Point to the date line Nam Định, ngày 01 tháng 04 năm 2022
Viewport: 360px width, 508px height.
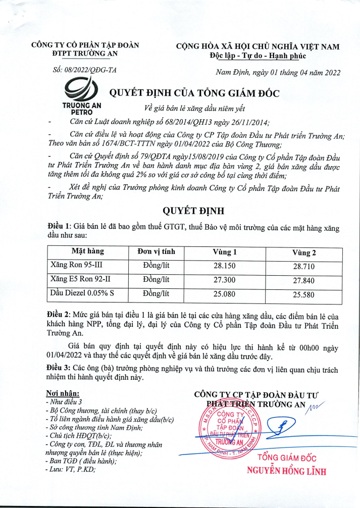[x=278, y=72]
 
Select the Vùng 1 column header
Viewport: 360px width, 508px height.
[x=225, y=252]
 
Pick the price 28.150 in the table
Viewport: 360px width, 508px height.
[x=225, y=265]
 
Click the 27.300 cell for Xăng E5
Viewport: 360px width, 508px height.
[x=225, y=279]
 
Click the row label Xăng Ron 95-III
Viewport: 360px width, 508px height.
[x=77, y=265]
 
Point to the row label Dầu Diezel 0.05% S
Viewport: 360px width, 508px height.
[x=82, y=292]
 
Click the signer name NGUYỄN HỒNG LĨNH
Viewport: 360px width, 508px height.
[x=286, y=472]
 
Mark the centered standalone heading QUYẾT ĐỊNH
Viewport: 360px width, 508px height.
[x=193, y=210]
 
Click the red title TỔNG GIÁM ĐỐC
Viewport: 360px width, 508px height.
[x=287, y=458]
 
